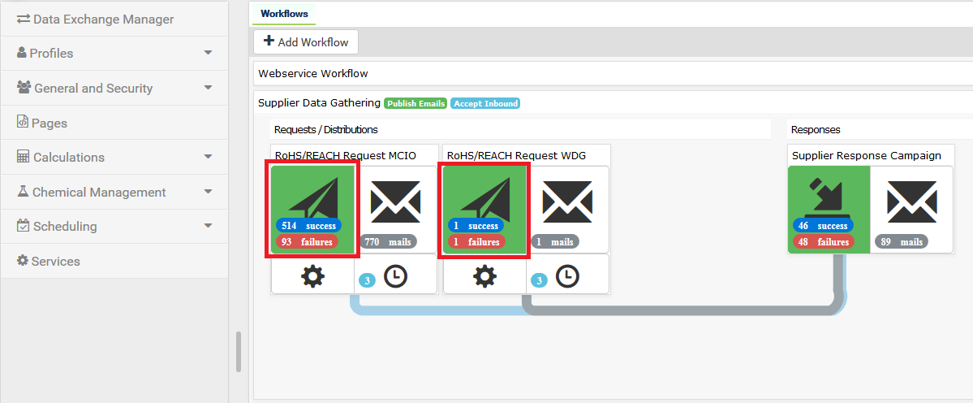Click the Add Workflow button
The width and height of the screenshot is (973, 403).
pyautogui.click(x=306, y=41)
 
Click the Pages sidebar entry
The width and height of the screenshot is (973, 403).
pyautogui.click(x=49, y=123)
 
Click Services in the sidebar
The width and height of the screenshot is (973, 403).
pyautogui.click(x=55, y=261)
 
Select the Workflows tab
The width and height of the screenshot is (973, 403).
pyautogui.click(x=284, y=14)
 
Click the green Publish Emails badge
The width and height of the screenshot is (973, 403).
pyautogui.click(x=415, y=103)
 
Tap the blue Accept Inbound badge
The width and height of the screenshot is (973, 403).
pyautogui.click(x=485, y=103)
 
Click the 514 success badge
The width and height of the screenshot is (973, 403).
pyautogui.click(x=308, y=226)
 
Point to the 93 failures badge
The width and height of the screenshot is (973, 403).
pyautogui.click(x=308, y=242)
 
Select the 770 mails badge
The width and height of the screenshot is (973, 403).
pyautogui.click(x=389, y=242)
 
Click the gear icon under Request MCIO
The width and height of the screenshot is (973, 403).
pyautogui.click(x=312, y=276)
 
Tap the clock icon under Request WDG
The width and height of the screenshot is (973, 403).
pyautogui.click(x=567, y=276)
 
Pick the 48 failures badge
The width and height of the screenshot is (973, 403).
pyautogui.click(x=823, y=242)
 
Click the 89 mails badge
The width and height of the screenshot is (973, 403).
pyautogui.click(x=901, y=242)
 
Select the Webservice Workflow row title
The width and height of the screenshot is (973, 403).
pyautogui.click(x=313, y=73)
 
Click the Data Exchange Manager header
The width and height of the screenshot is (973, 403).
pyautogui.click(x=103, y=19)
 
